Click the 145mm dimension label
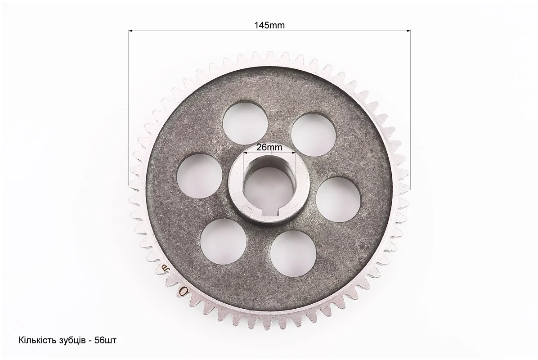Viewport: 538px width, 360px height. pyautogui.click(x=269, y=25)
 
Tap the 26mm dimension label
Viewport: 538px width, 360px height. pyautogui.click(x=269, y=147)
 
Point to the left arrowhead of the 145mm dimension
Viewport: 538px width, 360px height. pyautogui.click(x=130, y=31)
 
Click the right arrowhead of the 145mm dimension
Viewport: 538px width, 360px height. pyautogui.click(x=408, y=31)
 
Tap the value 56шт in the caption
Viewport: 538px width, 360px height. pyautogui.click(x=105, y=341)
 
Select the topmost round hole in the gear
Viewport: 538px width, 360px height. pyautogui.click(x=245, y=123)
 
